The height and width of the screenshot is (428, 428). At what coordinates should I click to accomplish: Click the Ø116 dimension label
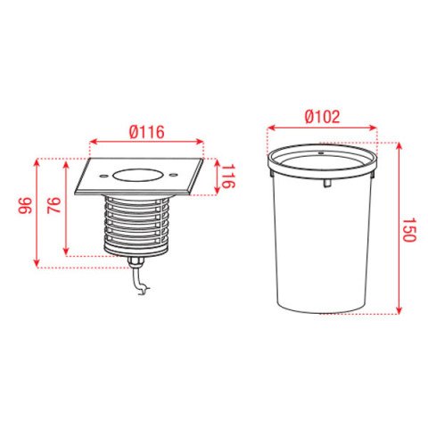147,132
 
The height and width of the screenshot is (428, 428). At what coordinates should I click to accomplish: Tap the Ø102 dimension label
323,117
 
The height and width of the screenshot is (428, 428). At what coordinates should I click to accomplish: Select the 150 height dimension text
408,230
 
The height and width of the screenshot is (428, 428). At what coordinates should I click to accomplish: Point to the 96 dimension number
25,205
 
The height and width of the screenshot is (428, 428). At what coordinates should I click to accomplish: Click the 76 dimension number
54,205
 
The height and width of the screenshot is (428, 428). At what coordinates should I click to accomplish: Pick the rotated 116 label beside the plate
228,177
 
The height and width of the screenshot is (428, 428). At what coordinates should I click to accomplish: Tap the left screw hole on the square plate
103,176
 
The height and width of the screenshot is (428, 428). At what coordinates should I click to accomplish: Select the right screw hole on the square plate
173,175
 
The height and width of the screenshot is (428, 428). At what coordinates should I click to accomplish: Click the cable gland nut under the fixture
136,262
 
